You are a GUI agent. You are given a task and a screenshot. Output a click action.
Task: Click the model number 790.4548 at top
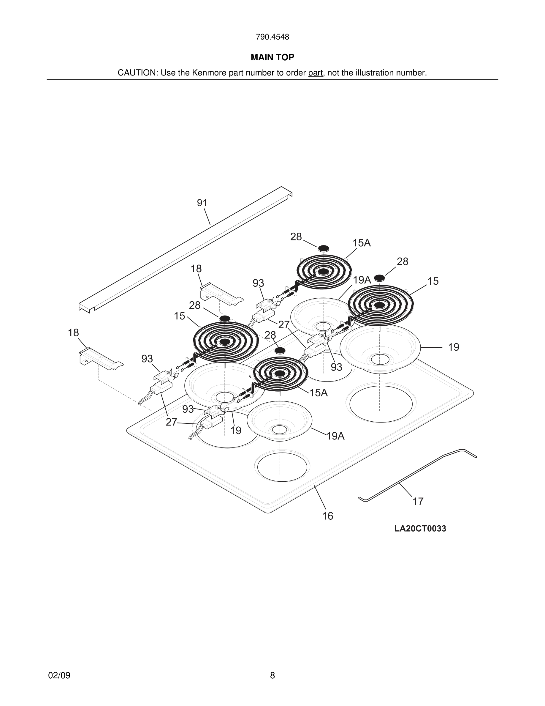pyautogui.click(x=272, y=37)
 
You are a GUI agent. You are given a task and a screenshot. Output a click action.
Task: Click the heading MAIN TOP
pyautogui.click(x=272, y=57)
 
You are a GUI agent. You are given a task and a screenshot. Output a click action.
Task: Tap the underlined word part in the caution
pyautogui.click(x=315, y=73)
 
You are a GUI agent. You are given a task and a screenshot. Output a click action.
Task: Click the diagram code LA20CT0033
pyautogui.click(x=420, y=529)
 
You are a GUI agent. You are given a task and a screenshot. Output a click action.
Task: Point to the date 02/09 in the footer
pyautogui.click(x=59, y=675)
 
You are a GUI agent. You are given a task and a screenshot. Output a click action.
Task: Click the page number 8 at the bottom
pyautogui.click(x=272, y=675)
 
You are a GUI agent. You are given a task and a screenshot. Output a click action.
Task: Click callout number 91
pyautogui.click(x=202, y=203)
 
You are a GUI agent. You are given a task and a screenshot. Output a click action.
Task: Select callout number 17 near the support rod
pyautogui.click(x=418, y=501)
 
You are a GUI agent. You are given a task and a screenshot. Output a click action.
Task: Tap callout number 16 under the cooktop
pyautogui.click(x=327, y=516)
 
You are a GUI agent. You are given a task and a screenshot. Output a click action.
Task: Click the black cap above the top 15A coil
pyautogui.click(x=324, y=248)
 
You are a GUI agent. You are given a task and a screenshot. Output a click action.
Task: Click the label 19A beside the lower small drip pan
pyautogui.click(x=335, y=436)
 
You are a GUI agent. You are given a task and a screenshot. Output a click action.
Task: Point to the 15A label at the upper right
pyautogui.click(x=361, y=243)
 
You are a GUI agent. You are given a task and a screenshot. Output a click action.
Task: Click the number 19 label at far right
pyautogui.click(x=453, y=347)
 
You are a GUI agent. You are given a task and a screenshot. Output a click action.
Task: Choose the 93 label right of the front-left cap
pyautogui.click(x=336, y=367)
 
